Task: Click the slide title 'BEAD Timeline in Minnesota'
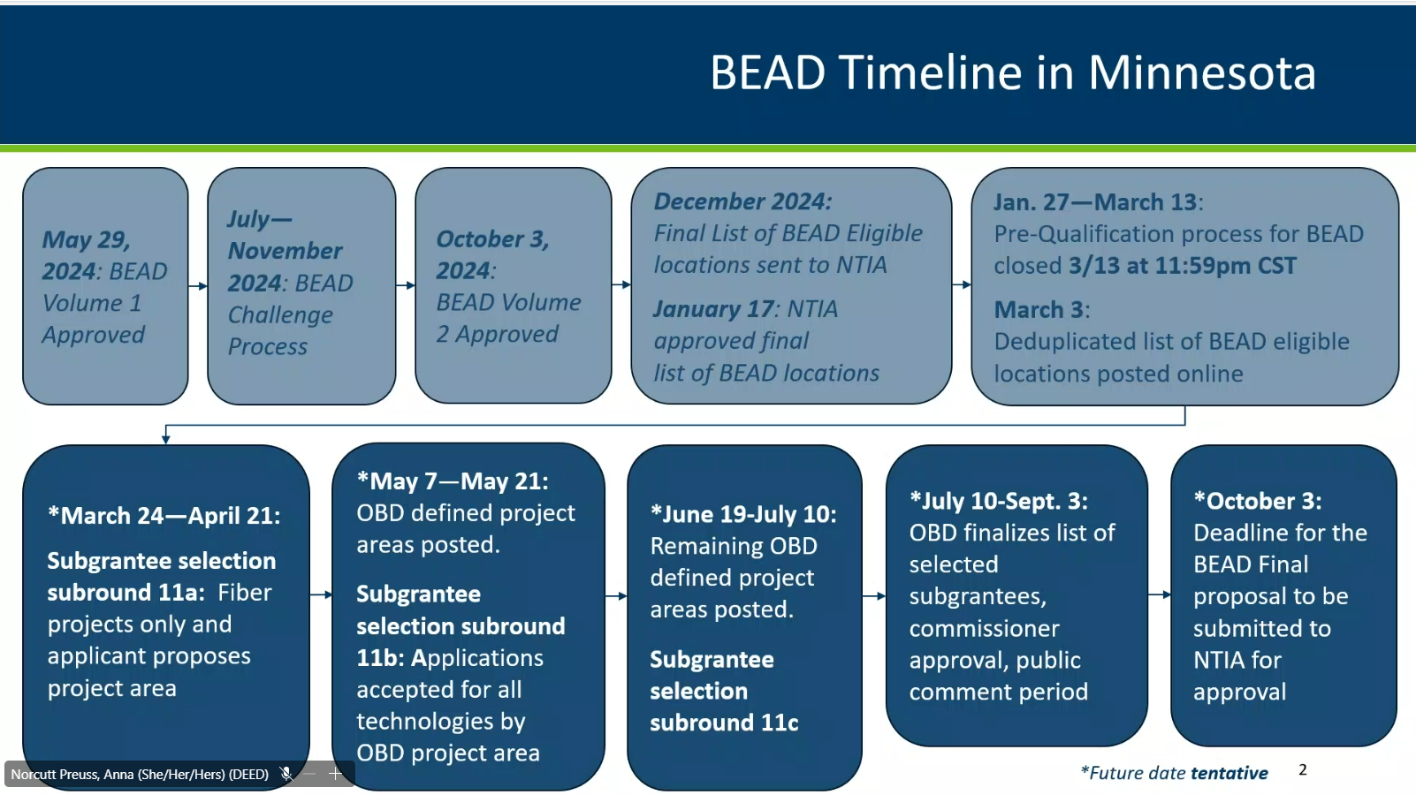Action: coord(1013,72)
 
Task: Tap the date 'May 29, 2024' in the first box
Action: coord(87,255)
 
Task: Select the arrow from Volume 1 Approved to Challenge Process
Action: coord(198,286)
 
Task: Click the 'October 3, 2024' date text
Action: coord(492,254)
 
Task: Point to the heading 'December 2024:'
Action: coord(742,201)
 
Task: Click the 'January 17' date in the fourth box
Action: coord(713,309)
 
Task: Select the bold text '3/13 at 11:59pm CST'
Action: coord(1182,266)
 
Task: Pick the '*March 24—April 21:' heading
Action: coord(164,516)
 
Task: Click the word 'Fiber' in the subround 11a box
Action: coord(245,593)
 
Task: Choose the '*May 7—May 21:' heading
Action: coord(453,481)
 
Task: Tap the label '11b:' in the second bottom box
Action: coord(380,658)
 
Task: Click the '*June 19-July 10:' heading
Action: coord(743,514)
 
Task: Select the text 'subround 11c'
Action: coord(725,723)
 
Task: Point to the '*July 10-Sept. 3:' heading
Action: coord(999,501)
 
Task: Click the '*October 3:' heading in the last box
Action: coord(1257,501)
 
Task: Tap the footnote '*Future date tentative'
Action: coord(1174,773)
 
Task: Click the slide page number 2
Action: coord(1303,769)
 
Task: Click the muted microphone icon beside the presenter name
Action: coord(285,774)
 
